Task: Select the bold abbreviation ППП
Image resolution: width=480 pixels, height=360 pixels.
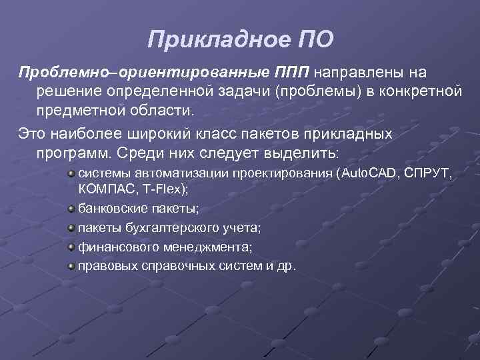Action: pyautogui.click(x=293, y=71)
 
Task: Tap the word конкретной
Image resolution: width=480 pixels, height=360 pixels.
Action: pyautogui.click(x=424, y=90)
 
